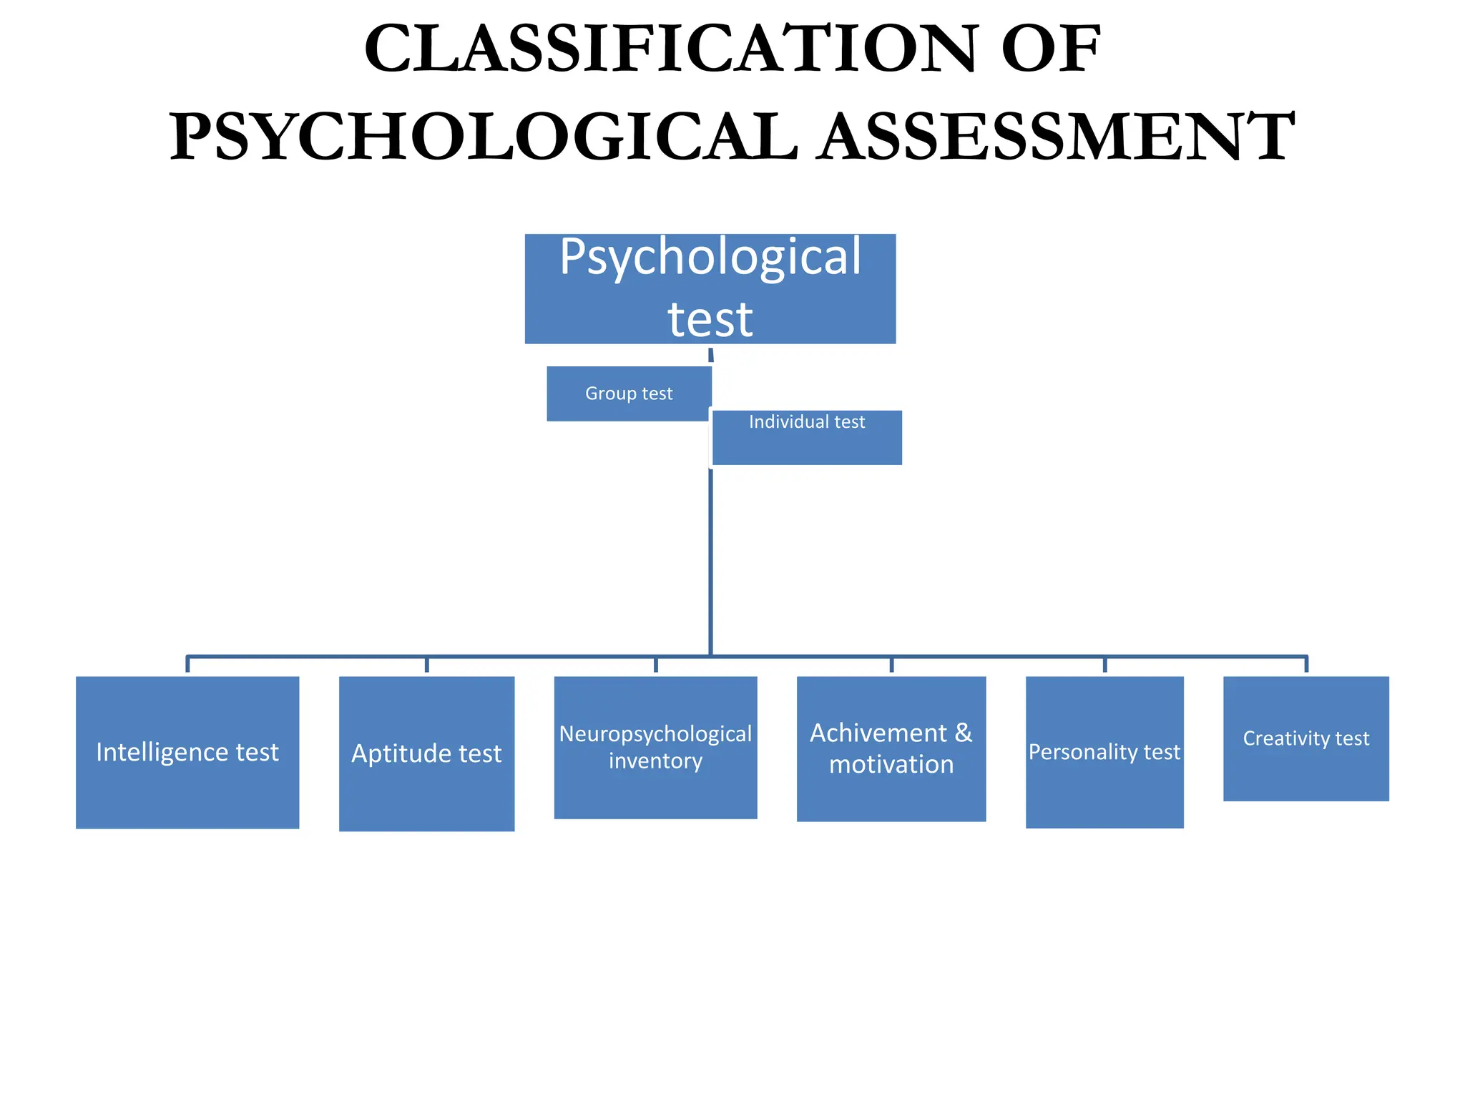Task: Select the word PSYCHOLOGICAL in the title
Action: click(x=484, y=136)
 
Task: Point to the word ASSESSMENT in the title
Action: click(x=1057, y=136)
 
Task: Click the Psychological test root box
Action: click(x=710, y=288)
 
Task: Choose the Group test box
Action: click(x=629, y=394)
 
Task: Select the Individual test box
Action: click(x=807, y=437)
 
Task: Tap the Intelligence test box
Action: click(x=187, y=752)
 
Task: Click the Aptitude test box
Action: click(x=426, y=753)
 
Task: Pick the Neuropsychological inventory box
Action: click(x=655, y=747)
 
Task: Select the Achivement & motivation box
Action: click(x=891, y=748)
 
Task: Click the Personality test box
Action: click(x=1104, y=752)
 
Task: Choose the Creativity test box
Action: click(x=1305, y=738)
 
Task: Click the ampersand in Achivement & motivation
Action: click(x=964, y=733)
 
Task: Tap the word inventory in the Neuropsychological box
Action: click(x=655, y=761)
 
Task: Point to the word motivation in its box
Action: click(x=891, y=765)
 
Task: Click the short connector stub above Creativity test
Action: click(x=1306, y=665)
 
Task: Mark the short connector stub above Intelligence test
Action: click(x=187, y=665)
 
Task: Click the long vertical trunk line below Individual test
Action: click(x=710, y=558)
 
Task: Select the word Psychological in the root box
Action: click(x=710, y=257)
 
